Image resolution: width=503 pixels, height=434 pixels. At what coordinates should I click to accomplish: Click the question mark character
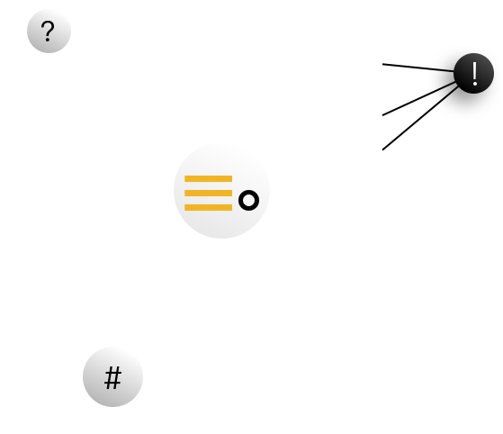48,32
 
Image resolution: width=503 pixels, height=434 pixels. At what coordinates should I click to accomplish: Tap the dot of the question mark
48,40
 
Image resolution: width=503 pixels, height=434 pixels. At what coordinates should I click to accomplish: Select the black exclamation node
474,74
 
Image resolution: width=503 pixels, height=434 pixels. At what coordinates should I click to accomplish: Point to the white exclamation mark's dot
475,84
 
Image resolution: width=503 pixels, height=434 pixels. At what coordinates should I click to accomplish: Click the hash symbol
112,378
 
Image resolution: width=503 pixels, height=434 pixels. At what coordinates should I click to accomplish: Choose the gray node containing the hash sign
112,377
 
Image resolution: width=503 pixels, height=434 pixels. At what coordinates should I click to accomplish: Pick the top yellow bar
208,179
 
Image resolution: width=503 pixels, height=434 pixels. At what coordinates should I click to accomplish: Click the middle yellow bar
208,193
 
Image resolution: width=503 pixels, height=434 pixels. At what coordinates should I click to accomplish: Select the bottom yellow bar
208,207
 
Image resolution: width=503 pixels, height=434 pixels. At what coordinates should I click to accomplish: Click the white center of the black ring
248,201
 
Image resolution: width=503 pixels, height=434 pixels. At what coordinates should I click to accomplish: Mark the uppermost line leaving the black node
418,68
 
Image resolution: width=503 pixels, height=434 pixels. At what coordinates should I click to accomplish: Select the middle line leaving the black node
419,98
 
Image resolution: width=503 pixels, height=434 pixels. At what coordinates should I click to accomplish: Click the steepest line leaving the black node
420,117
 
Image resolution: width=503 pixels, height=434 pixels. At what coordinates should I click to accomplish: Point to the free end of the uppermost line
382,64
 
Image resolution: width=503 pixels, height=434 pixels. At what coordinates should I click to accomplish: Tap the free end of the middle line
382,115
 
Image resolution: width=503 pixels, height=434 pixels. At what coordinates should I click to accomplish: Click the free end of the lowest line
382,149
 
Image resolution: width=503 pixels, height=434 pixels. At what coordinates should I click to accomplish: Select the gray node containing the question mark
49,32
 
